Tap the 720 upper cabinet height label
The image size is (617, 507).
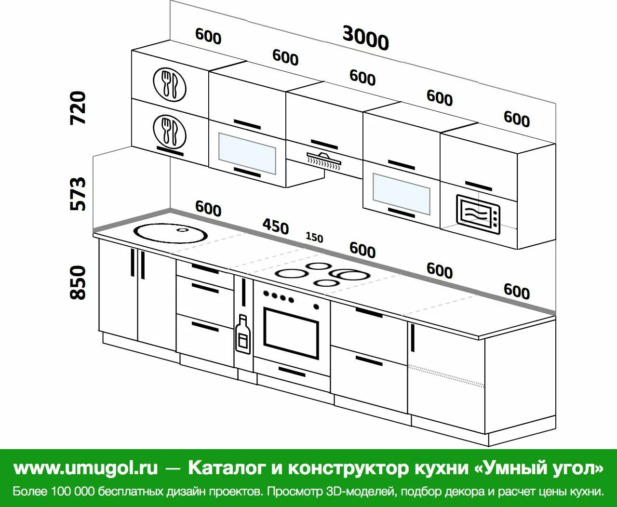(78, 107)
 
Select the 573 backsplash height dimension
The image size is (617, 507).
(78, 194)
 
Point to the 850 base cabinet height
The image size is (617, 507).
(78, 282)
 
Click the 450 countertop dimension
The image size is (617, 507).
(275, 227)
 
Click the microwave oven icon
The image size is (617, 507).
(478, 214)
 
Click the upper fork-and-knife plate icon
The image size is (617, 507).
(170, 84)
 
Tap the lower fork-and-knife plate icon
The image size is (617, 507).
(170, 130)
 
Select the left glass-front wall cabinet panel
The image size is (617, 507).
(247, 153)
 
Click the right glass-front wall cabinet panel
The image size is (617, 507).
(401, 194)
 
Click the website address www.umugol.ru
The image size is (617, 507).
(86, 467)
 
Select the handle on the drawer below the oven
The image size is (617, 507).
(292, 371)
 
